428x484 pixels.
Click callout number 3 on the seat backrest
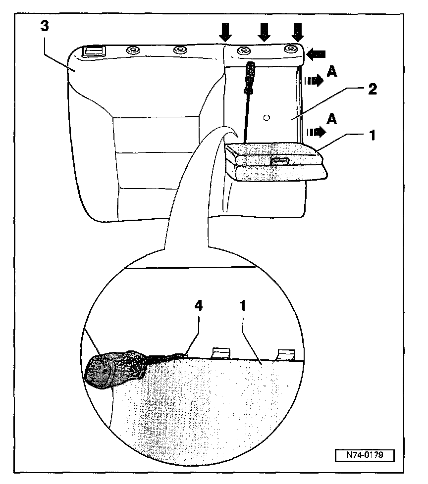pyautogui.click(x=45, y=27)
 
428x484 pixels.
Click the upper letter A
pyautogui.click(x=332, y=73)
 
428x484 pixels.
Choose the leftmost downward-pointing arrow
pyautogui.click(x=226, y=32)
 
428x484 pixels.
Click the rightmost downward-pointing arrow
pyautogui.click(x=297, y=32)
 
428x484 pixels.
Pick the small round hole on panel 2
pyautogui.click(x=267, y=118)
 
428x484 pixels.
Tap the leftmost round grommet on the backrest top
pyautogui.click(x=133, y=50)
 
